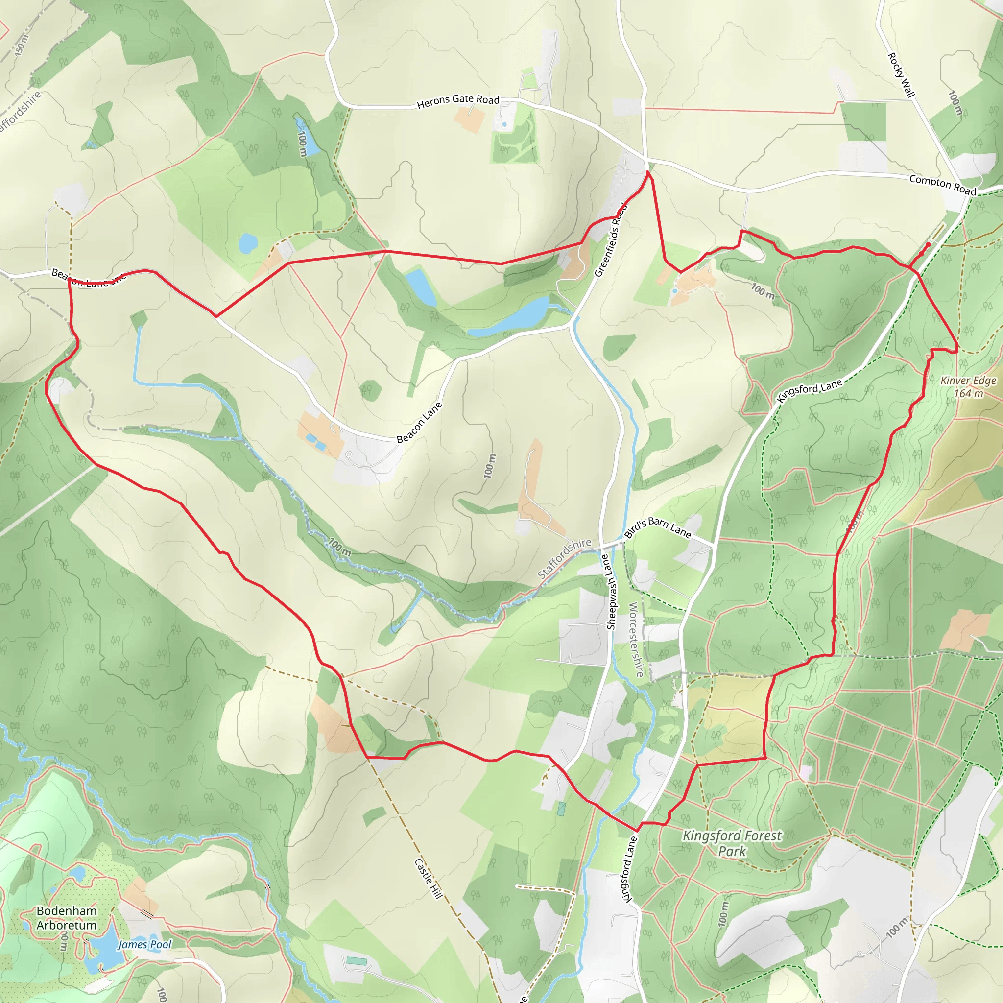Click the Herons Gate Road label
tap(458, 101)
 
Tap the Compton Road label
tap(943, 185)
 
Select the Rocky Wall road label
tap(901, 75)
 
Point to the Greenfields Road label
tap(611, 240)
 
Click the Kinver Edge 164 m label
tap(968, 387)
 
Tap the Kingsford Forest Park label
tap(732, 843)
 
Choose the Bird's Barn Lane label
tap(657, 527)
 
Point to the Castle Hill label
tap(429, 879)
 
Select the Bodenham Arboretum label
tap(67, 918)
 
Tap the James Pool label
tap(144, 944)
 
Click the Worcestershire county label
tap(636, 640)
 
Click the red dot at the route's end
tap(928, 244)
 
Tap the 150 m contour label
tap(20, 46)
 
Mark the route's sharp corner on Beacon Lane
tap(215, 316)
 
